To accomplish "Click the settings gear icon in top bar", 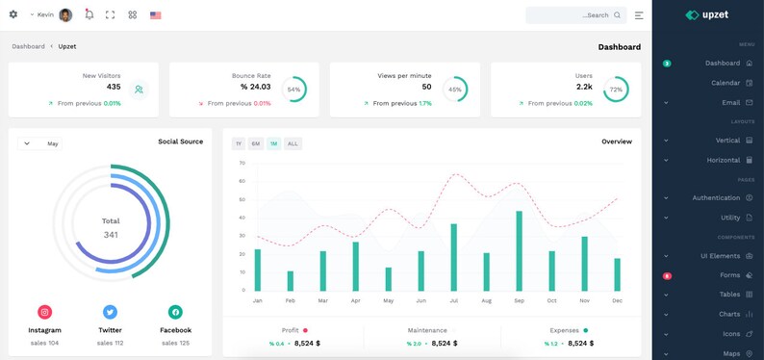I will click(x=13, y=15).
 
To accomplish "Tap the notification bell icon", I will click(x=89, y=15).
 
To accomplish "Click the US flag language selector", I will click(x=155, y=15).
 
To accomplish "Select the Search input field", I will click(x=574, y=15).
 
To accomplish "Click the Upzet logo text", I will click(x=718, y=15).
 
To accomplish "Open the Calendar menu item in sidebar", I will click(x=726, y=83).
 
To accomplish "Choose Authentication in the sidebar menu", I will click(x=716, y=198).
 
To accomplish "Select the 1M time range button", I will click(x=274, y=143).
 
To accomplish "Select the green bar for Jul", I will click(x=453, y=257).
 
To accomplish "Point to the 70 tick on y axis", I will click(x=242, y=164).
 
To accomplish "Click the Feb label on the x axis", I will click(x=290, y=300).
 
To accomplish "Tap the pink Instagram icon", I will click(x=44, y=312).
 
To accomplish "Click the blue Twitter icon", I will click(x=110, y=312).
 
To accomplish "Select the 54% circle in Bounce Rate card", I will click(x=293, y=90).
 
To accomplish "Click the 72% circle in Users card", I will click(x=615, y=90).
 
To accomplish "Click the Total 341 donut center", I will click(x=111, y=228).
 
